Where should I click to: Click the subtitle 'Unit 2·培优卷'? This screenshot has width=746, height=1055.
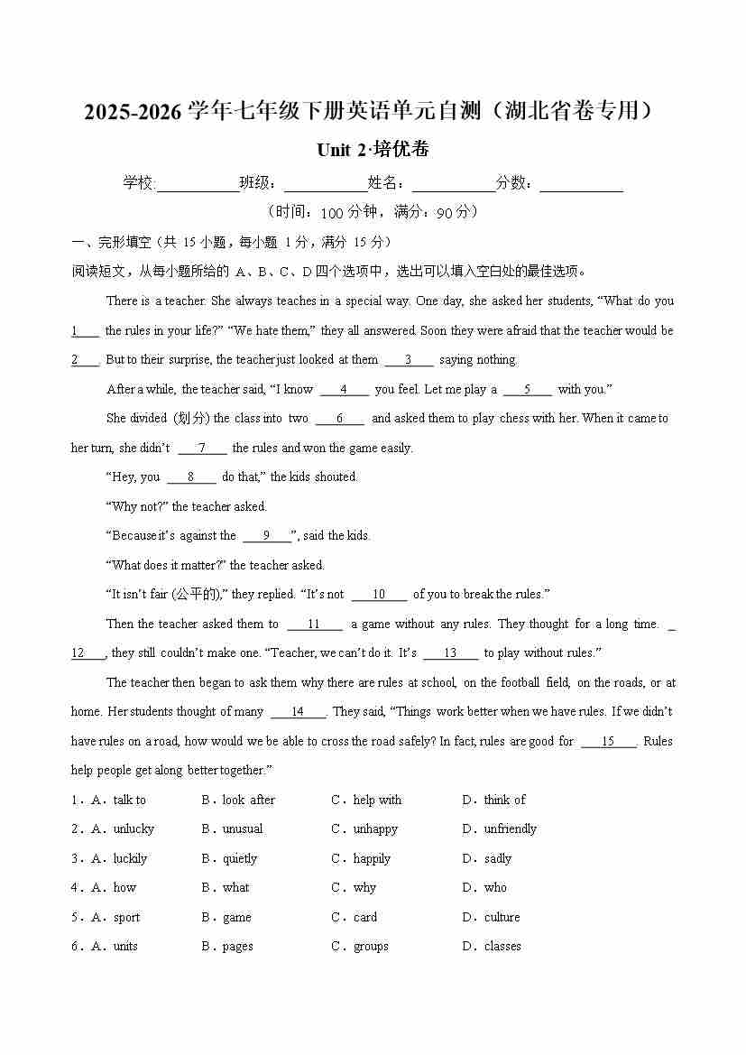[x=373, y=150]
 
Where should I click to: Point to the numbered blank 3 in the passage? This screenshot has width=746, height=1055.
[x=409, y=360]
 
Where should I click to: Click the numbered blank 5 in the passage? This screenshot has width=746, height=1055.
[x=527, y=390]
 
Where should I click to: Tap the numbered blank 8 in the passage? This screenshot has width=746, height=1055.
[x=191, y=477]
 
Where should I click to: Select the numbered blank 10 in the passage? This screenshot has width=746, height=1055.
[x=379, y=595]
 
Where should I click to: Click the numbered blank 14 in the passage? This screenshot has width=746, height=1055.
[x=298, y=712]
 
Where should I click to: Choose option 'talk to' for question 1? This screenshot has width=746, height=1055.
[x=129, y=801]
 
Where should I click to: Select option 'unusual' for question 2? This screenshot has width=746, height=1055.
[x=242, y=829]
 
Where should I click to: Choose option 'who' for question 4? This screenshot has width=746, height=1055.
[x=495, y=888]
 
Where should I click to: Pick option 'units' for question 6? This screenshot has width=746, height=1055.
[x=125, y=947]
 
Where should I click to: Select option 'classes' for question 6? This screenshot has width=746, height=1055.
[x=502, y=947]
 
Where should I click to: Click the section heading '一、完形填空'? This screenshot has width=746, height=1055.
[x=112, y=242]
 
